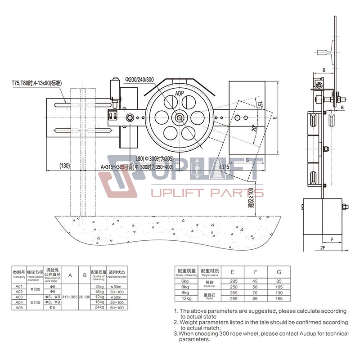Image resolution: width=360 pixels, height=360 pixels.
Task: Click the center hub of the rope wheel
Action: coord(180,118)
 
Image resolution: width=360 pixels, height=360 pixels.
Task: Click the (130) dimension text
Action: coord(65,166)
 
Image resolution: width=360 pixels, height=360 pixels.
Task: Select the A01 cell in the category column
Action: coord(19,286)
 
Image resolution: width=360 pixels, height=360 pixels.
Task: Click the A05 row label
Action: coord(19,308)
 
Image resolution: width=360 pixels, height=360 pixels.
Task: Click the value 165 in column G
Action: coord(279,298)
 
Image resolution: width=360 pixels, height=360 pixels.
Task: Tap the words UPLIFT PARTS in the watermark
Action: coord(207,194)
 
